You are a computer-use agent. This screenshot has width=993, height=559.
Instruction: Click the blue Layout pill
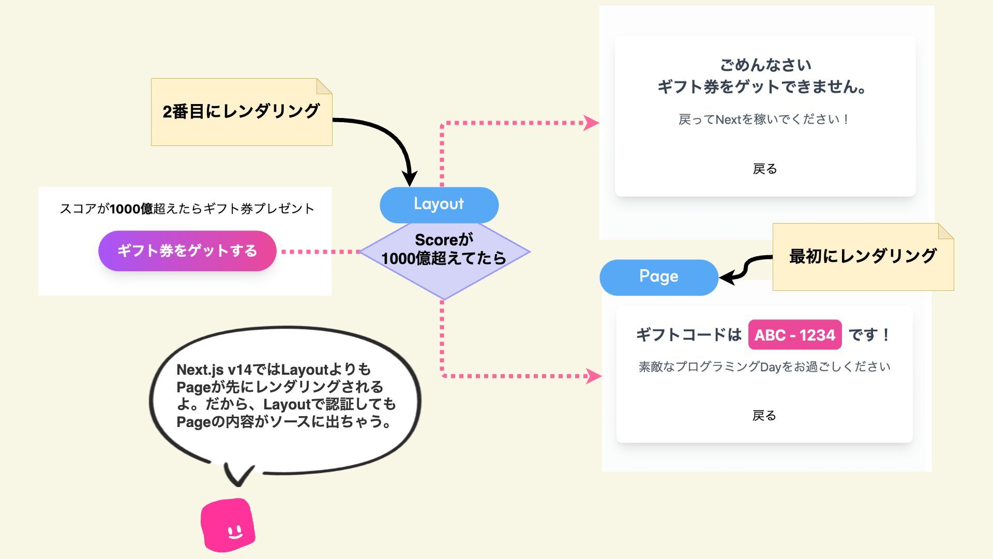439,204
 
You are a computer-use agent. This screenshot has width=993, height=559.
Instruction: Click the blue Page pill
658,277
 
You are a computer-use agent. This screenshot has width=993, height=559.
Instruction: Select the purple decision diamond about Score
444,259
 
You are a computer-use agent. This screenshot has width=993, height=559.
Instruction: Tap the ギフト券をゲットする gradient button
187,251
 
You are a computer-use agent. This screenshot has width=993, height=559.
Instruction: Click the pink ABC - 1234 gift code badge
794,335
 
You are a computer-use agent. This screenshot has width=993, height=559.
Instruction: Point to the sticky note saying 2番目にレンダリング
241,112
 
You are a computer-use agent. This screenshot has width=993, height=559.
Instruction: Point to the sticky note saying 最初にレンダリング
862,257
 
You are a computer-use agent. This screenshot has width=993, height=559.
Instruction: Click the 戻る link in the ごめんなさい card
764,169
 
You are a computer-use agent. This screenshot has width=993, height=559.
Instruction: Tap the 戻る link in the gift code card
764,415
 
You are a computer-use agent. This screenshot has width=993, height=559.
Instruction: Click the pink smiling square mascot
228,525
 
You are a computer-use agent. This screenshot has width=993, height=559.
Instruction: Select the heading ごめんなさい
765,65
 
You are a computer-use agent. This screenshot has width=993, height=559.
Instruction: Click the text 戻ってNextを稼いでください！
763,120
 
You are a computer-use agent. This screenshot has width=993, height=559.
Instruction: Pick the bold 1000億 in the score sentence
131,209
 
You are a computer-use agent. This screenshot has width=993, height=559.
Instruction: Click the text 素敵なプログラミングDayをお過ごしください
764,367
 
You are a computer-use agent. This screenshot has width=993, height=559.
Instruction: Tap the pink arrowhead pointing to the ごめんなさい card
591,123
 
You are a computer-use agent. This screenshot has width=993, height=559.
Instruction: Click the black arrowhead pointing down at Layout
410,179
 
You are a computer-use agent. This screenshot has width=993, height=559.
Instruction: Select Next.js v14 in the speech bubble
214,370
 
